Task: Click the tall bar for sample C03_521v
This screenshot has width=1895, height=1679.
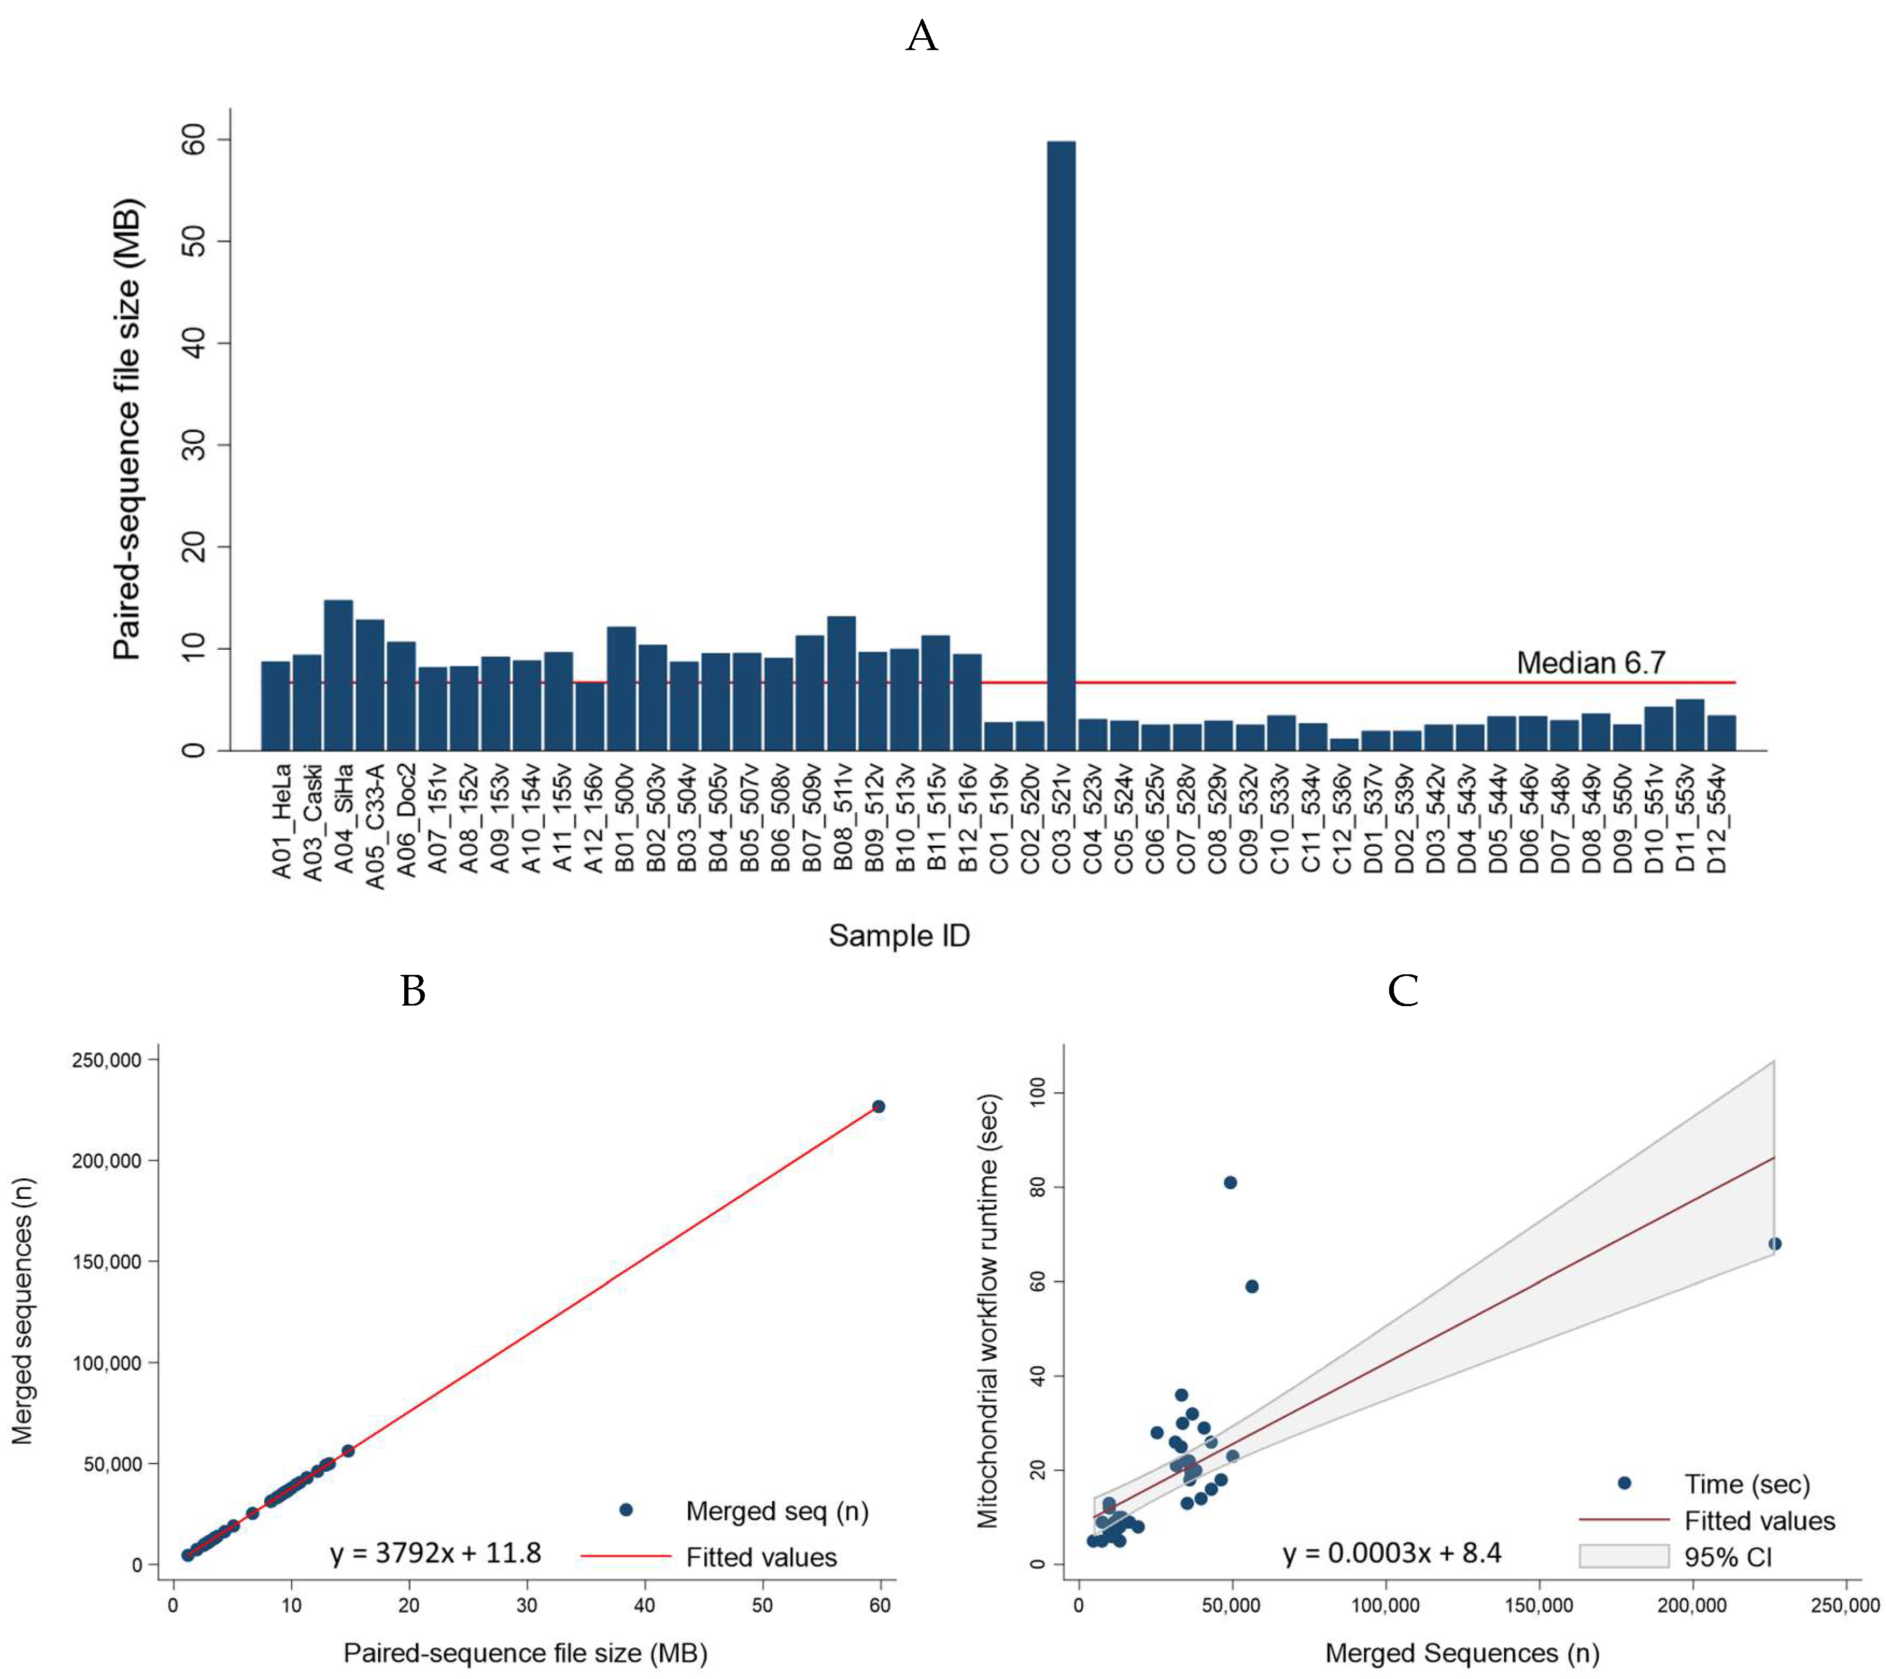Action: tap(1061, 445)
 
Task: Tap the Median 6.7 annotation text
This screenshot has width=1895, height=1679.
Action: tap(1591, 663)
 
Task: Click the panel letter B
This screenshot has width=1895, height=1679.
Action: tap(413, 991)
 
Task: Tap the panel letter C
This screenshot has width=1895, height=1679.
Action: tap(1403, 991)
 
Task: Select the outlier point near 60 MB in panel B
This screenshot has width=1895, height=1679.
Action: tap(878, 1106)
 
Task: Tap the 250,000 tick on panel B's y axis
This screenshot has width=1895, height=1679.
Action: tap(107, 1060)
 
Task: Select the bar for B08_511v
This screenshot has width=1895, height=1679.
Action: tap(841, 683)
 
